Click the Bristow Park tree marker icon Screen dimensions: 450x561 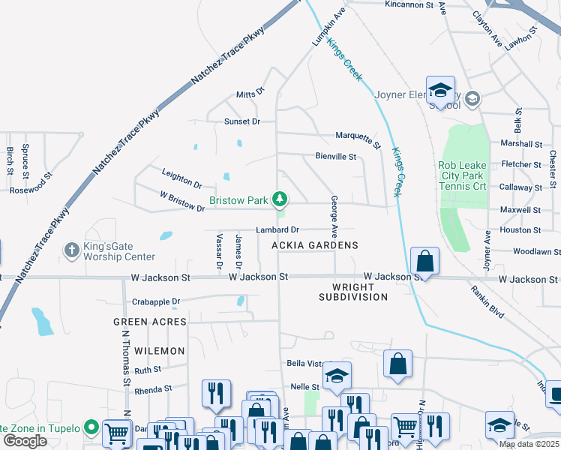(x=280, y=199)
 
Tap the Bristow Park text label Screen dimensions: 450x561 (x=238, y=201)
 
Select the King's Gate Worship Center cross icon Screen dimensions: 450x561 (x=72, y=250)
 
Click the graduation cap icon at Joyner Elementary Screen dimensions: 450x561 (x=440, y=90)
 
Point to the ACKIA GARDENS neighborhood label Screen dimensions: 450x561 (x=315, y=245)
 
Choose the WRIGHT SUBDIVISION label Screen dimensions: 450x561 (x=353, y=292)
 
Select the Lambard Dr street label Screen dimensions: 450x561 (x=277, y=229)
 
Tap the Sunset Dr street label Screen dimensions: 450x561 (x=242, y=121)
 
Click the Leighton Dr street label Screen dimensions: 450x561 (x=182, y=178)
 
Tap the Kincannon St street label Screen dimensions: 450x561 (x=409, y=4)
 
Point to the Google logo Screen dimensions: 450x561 (x=25, y=441)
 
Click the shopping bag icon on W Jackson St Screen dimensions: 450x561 (x=424, y=262)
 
